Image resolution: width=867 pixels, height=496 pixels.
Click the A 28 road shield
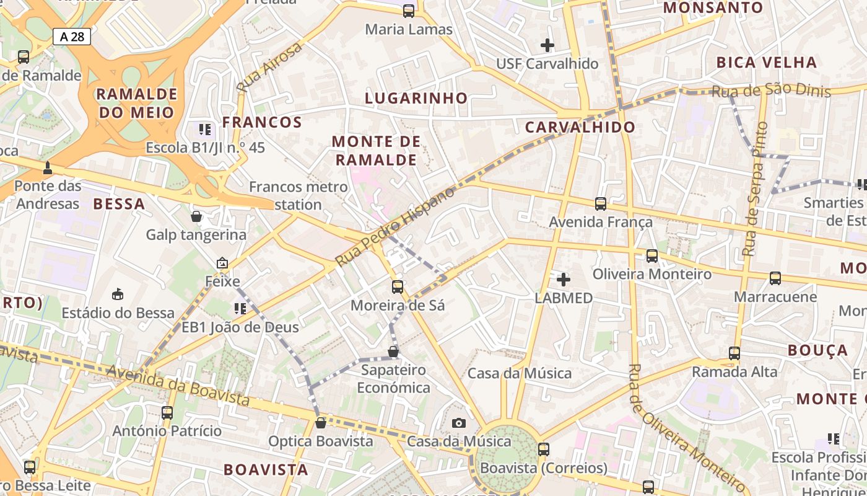click(x=72, y=37)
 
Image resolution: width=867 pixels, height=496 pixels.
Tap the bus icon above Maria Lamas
click(x=409, y=11)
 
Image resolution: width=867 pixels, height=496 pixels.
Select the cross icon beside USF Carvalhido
click(x=547, y=45)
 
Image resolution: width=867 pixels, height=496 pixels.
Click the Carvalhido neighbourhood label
click(x=580, y=127)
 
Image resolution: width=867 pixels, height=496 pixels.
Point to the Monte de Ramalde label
click(x=376, y=151)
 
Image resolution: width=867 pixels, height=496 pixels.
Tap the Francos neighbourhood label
click(x=262, y=122)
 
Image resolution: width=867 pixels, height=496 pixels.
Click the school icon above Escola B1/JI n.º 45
click(x=205, y=130)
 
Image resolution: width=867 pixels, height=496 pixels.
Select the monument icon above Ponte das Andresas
click(x=48, y=167)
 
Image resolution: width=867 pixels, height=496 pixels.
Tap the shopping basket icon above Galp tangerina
click(x=196, y=216)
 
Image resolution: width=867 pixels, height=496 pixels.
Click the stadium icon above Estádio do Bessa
click(x=118, y=294)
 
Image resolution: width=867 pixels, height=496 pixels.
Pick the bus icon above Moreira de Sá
click(x=398, y=287)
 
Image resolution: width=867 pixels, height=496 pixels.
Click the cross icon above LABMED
click(x=564, y=279)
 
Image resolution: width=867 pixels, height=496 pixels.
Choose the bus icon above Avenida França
click(x=600, y=203)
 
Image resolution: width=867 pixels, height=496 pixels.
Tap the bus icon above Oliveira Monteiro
click(x=651, y=255)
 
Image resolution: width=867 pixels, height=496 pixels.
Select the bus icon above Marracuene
click(x=775, y=278)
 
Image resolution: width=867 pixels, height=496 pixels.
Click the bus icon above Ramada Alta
click(x=734, y=353)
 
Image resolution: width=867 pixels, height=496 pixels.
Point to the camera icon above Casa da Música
click(x=458, y=423)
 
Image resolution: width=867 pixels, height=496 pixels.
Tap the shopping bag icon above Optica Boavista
click(x=320, y=423)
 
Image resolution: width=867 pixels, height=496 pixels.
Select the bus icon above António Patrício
click(x=167, y=412)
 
